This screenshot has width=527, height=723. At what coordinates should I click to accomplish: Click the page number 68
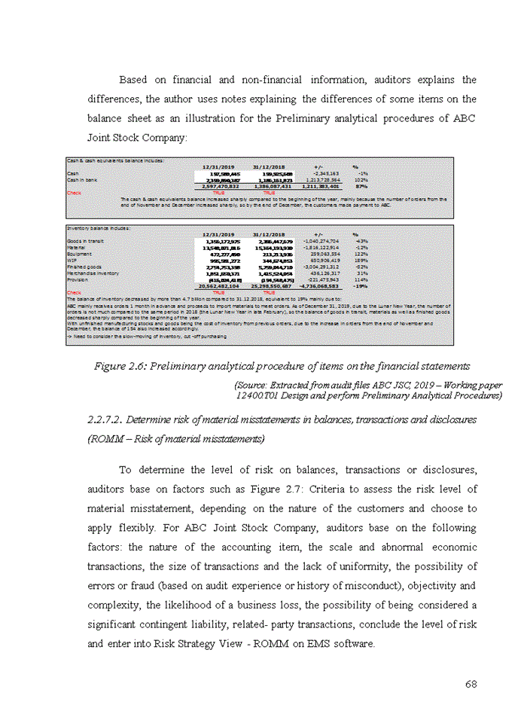tap(472, 684)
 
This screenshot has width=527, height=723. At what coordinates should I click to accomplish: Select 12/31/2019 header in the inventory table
tap(218, 234)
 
